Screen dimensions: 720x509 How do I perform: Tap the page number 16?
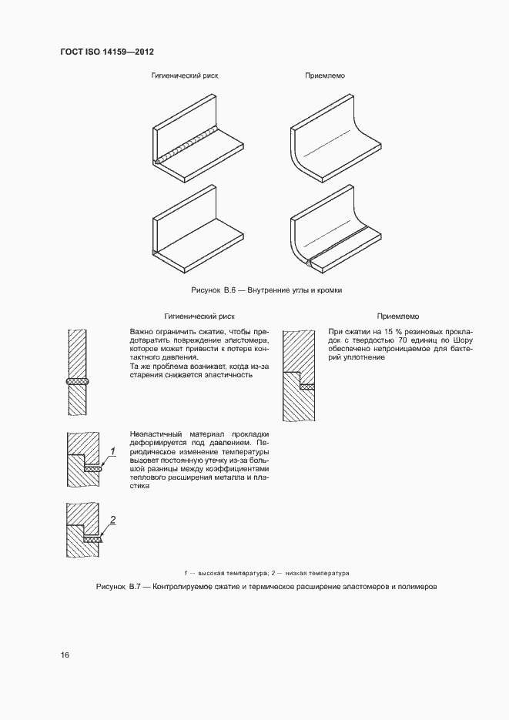pos(65,655)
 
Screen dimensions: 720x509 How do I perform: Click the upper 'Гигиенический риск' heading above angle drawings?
pos(185,77)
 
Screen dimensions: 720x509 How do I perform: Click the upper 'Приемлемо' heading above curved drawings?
pos(324,77)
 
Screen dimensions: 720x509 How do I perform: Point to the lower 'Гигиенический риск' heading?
pos(199,316)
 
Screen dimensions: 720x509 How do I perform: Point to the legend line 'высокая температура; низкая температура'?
pos(266,573)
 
